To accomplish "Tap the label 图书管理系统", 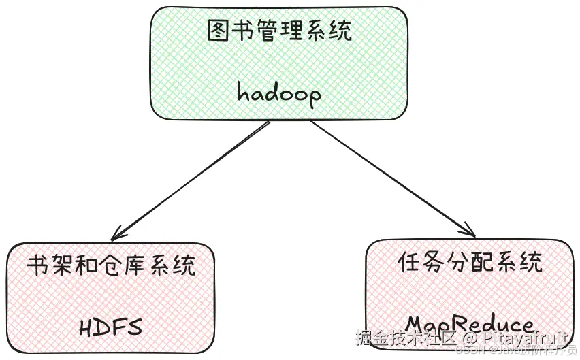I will tap(279, 31).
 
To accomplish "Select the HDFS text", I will tap(110, 327).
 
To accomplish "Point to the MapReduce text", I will tap(470, 323).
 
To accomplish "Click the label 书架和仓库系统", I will tap(111, 265).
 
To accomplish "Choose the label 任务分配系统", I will tap(470, 262).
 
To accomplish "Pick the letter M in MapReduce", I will tap(417, 323).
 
